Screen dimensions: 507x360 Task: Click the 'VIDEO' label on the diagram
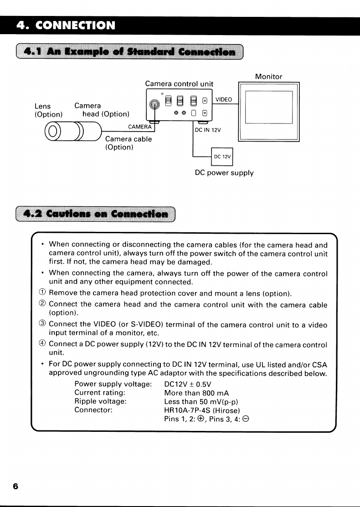(224, 100)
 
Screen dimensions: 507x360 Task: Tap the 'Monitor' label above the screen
(268, 77)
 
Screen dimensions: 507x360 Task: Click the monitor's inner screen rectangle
(268, 107)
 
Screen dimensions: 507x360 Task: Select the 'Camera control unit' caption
(179, 84)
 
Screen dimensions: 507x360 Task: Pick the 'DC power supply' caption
(224, 173)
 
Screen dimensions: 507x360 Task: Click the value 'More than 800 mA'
(196, 393)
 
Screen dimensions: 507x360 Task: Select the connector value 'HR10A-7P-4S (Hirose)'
(202, 410)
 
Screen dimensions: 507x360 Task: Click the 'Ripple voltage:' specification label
(100, 401)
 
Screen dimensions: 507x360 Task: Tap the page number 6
(15, 487)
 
